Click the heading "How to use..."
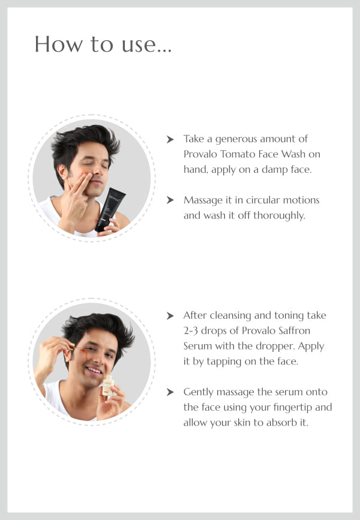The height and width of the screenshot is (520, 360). pos(103,44)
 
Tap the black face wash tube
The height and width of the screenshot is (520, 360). pos(110,209)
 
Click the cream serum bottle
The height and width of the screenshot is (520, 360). pos(108,385)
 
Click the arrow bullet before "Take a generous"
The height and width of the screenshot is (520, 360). pos(170,139)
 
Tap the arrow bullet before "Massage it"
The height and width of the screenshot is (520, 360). pos(170,200)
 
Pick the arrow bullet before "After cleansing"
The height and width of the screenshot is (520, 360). pos(170,315)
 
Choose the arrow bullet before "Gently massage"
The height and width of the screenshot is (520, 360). pos(170,392)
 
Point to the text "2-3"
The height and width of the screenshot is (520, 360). pos(191,331)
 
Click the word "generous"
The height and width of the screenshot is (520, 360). pos(236,139)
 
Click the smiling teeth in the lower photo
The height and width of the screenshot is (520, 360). pos(94,370)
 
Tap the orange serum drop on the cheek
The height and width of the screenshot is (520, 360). pos(85,354)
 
